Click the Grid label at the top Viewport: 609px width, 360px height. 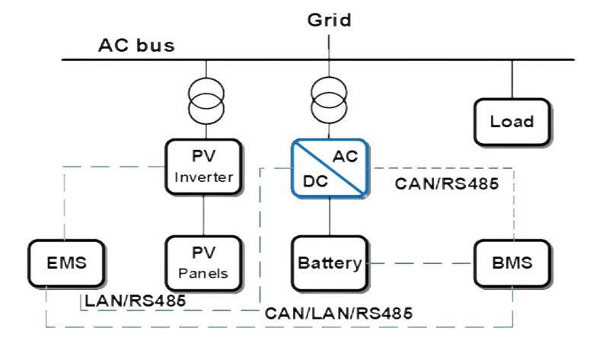pyautogui.click(x=329, y=19)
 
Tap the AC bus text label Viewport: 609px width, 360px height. pyautogui.click(x=136, y=45)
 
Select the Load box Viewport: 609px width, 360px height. pyautogui.click(x=512, y=121)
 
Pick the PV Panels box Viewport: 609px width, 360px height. pyautogui.click(x=203, y=263)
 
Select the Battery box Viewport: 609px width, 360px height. pyautogui.click(x=329, y=263)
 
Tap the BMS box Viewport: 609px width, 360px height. pyautogui.click(x=512, y=263)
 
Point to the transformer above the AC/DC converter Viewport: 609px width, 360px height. pyautogui.click(x=329, y=100)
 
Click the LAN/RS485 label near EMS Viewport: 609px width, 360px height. pyautogui.click(x=135, y=300)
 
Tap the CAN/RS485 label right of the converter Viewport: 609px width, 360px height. pyautogui.click(x=447, y=183)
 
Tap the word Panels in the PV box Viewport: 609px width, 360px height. pyautogui.click(x=203, y=273)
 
